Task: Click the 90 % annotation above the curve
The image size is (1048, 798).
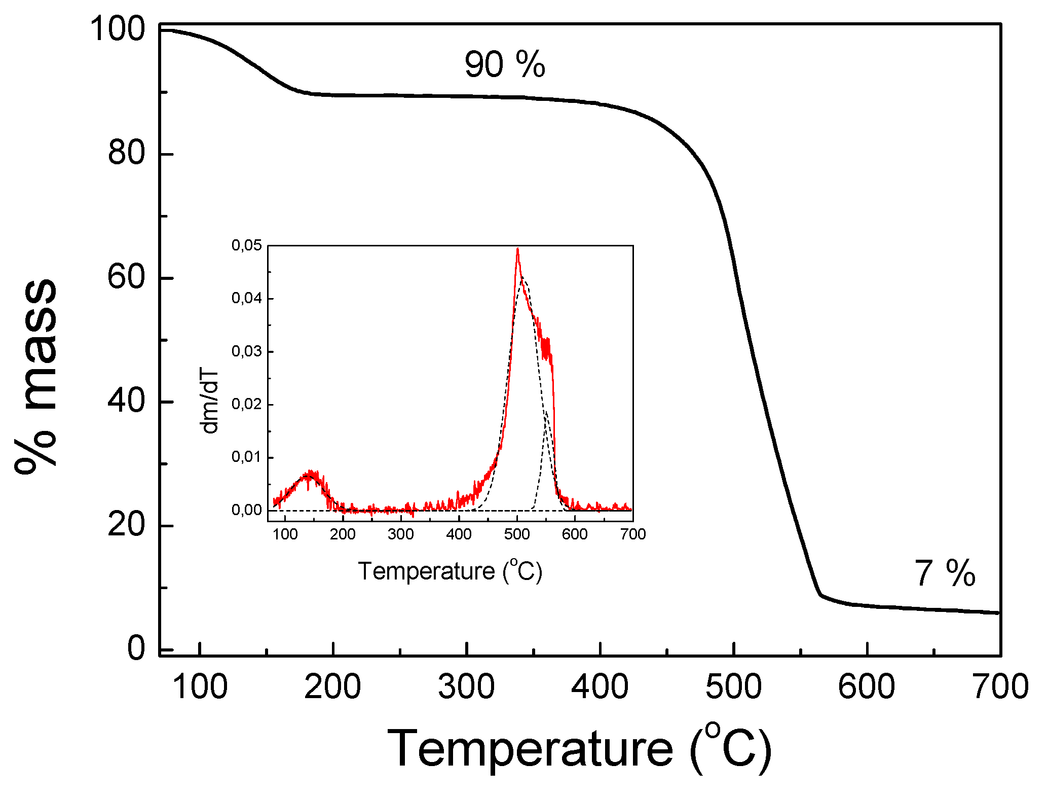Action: tap(504, 64)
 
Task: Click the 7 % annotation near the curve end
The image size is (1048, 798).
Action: tap(944, 573)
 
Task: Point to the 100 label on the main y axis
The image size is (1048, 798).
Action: tap(118, 29)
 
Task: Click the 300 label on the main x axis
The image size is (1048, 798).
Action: tap(466, 687)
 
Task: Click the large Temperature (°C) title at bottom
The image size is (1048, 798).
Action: tap(579, 749)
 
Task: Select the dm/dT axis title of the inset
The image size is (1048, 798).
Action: tap(210, 402)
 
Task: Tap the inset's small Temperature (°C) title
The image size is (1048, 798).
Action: tap(450, 571)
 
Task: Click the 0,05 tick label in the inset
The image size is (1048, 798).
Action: tap(247, 245)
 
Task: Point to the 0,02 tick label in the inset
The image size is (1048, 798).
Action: tap(247, 405)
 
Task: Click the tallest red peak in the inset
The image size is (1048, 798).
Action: tap(517, 250)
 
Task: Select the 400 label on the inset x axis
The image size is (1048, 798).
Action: tap(459, 534)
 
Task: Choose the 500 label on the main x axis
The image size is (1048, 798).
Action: tap(733, 687)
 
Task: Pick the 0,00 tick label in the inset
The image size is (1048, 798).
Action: tap(247, 510)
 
